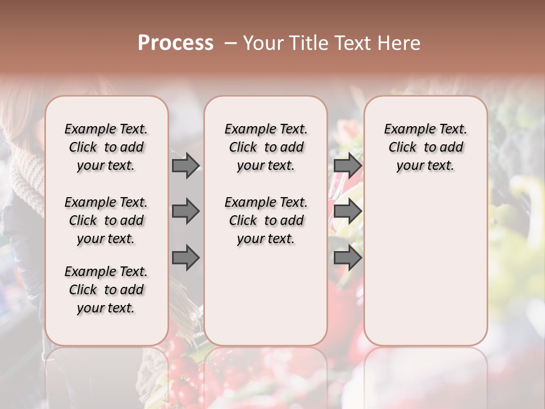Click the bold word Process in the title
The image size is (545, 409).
(x=175, y=43)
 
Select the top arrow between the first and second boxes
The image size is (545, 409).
(x=186, y=165)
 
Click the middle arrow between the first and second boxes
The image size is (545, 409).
(x=186, y=211)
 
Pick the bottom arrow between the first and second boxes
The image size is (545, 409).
(x=186, y=258)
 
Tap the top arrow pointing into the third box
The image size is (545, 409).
(x=347, y=165)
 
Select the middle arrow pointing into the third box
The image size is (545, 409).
(x=347, y=211)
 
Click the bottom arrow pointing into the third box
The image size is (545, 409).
(x=347, y=258)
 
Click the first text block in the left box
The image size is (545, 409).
(x=106, y=147)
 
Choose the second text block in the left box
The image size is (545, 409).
(x=106, y=220)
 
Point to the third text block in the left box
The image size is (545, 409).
(x=106, y=290)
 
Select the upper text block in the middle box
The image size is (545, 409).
(x=266, y=147)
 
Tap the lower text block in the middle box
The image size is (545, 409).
(x=266, y=220)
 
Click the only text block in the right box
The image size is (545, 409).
(x=426, y=147)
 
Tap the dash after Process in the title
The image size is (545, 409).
(x=230, y=43)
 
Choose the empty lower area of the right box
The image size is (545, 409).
(x=426, y=261)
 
